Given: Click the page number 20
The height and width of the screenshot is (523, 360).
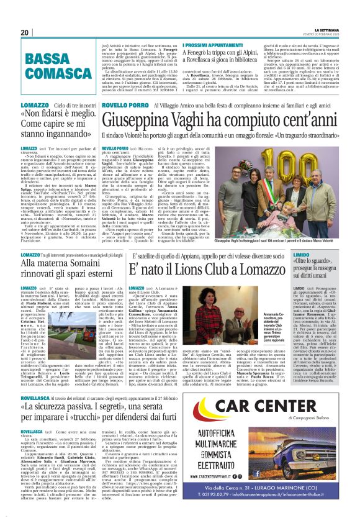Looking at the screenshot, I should [x=24, y=32].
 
